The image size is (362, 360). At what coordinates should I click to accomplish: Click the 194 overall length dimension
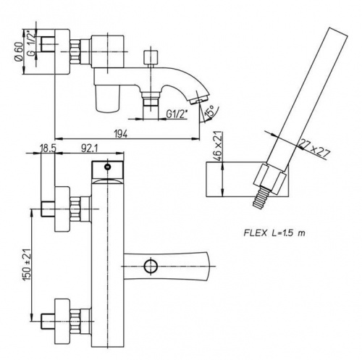point(121,133)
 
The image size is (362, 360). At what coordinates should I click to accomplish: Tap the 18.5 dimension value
point(48,148)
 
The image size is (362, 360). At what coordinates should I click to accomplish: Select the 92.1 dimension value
point(89,148)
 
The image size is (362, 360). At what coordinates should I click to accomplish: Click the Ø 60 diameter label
point(19,51)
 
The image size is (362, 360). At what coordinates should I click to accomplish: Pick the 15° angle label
point(209,111)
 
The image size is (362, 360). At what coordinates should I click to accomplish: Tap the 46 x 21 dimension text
point(219,145)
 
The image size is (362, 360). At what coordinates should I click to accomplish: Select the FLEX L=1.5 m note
point(274,233)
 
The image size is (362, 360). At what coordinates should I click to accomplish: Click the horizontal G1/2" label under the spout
point(177,114)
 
